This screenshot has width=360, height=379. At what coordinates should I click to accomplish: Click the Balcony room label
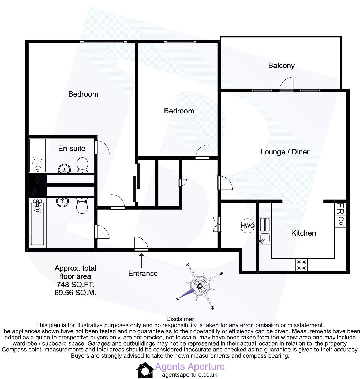[x=281, y=66]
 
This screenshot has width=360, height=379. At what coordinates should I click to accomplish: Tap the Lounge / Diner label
[x=285, y=152]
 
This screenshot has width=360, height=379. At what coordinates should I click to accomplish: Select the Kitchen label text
[x=303, y=233]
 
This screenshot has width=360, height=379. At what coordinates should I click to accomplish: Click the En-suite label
[x=72, y=148]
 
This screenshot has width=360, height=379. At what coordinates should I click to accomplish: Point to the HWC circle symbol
[x=247, y=226]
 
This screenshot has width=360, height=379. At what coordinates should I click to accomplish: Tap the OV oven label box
[x=341, y=221]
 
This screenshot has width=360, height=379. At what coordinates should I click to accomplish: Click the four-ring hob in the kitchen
[x=301, y=265]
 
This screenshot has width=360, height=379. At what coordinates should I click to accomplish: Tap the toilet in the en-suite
[x=82, y=165]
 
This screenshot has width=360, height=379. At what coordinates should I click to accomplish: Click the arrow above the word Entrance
[x=141, y=260]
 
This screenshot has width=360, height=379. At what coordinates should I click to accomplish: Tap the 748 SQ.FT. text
[x=75, y=284]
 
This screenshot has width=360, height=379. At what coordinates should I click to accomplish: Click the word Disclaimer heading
[x=180, y=319]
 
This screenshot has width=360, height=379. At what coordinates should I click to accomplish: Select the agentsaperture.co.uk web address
[x=190, y=375]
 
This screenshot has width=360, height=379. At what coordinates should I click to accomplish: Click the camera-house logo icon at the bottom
[x=145, y=370]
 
